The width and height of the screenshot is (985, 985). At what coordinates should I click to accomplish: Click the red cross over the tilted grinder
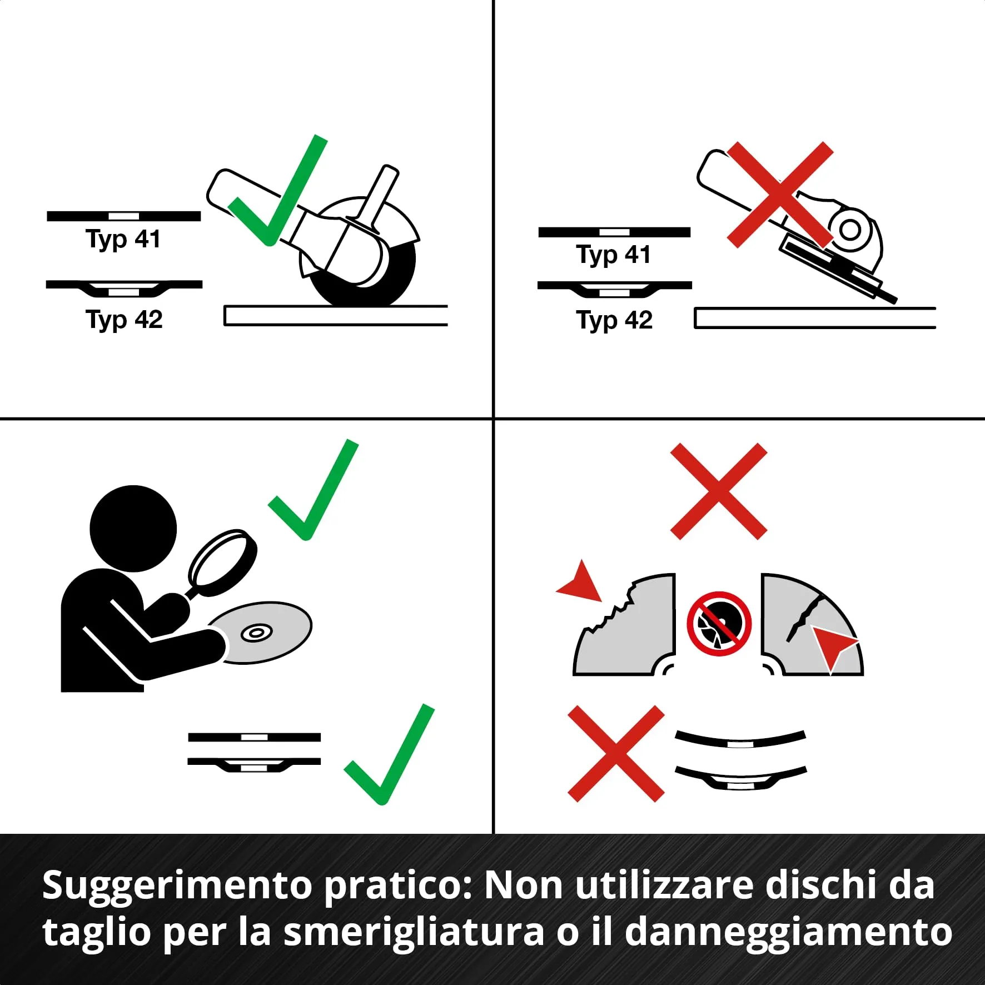[x=780, y=194]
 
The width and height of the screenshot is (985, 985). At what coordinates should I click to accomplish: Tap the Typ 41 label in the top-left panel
[x=123, y=240]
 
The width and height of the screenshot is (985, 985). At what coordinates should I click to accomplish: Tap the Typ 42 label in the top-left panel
[x=124, y=320]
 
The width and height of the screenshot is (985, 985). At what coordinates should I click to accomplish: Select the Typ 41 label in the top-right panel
[x=613, y=255]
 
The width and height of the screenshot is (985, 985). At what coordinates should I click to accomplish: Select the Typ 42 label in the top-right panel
[x=614, y=321]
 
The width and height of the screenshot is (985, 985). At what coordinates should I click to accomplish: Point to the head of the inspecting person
[x=133, y=528]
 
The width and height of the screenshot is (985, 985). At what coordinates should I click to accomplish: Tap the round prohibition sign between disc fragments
[x=719, y=624]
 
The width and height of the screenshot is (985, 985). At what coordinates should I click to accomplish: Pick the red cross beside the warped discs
[x=616, y=754]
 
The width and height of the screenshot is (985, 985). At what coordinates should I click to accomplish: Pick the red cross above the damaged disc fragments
[x=719, y=491]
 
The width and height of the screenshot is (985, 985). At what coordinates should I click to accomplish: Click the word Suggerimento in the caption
[x=177, y=885]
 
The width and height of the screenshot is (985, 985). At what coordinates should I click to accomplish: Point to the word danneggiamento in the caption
[x=788, y=932]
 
